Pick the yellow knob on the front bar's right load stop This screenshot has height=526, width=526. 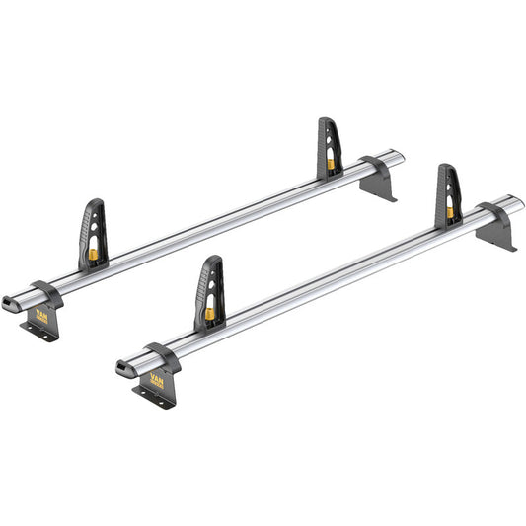(x=451, y=211)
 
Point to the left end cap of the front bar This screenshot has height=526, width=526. (x=123, y=369)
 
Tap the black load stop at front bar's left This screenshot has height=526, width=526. (x=210, y=292)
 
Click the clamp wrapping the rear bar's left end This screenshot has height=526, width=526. (x=45, y=294)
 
